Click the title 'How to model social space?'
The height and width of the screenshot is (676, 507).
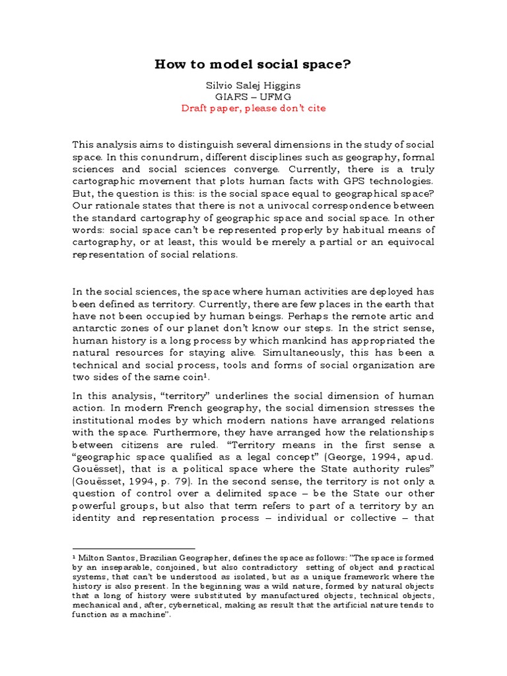pos(253,64)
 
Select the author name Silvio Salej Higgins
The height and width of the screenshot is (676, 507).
pos(253,85)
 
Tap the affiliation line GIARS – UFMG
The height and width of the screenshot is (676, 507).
pos(253,96)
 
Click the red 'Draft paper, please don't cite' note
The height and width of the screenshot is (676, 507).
pos(253,108)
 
